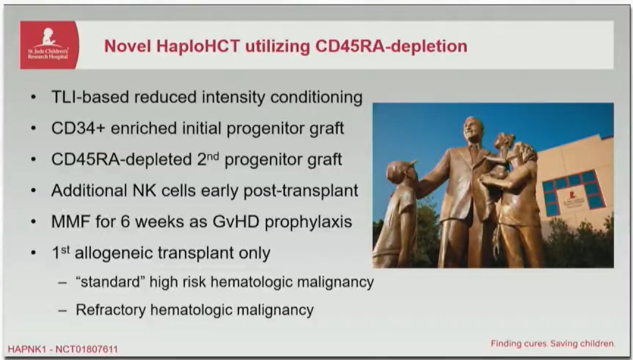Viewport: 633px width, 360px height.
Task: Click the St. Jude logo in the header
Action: point(49,45)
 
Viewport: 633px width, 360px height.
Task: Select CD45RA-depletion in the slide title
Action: point(391,46)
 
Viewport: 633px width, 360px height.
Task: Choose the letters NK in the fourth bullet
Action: point(149,191)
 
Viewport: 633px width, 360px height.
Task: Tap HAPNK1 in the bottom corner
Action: point(25,349)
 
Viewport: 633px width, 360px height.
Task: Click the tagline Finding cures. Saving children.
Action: point(552,344)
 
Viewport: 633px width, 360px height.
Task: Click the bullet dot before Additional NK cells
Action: point(34,191)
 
